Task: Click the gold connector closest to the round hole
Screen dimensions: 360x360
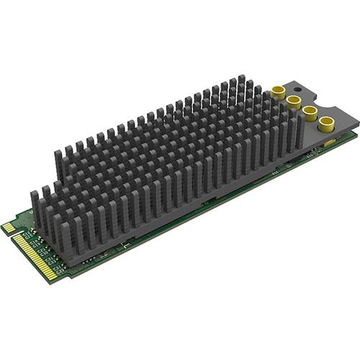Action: (x=277, y=91)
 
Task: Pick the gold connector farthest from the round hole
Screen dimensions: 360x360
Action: (x=327, y=122)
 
